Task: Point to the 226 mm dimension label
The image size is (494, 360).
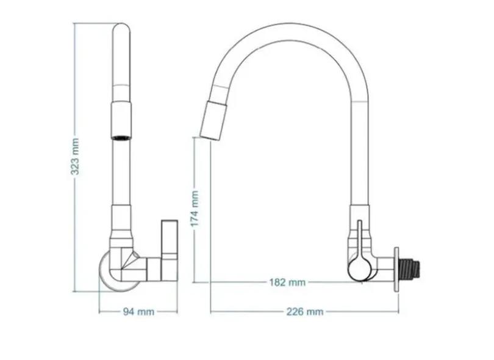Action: click(305, 312)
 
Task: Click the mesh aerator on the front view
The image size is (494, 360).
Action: click(120, 135)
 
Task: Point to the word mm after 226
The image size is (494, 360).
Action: click(315, 312)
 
